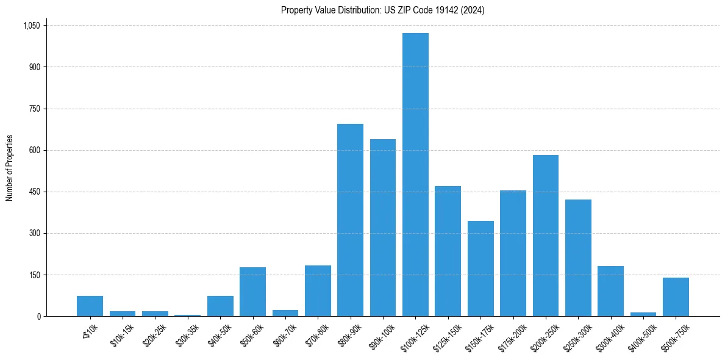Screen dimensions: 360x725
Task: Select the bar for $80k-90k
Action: (x=350, y=220)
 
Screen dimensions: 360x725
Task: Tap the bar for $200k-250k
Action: (x=545, y=236)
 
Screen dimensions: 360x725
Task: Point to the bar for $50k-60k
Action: (x=252, y=292)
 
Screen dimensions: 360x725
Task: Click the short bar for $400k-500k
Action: (x=643, y=314)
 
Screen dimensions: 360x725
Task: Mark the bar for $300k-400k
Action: (x=610, y=291)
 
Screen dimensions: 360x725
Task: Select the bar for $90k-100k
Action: (x=383, y=228)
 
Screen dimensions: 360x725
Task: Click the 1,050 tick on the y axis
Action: (x=31, y=26)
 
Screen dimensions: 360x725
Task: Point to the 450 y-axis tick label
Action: (x=34, y=192)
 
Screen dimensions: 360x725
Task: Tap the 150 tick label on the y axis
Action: (x=34, y=275)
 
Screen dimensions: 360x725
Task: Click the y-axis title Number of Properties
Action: (x=10, y=168)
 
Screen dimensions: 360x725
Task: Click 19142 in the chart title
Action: (x=440, y=10)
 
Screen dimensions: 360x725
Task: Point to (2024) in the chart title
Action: (x=472, y=10)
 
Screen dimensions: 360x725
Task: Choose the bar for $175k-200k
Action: (x=513, y=253)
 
